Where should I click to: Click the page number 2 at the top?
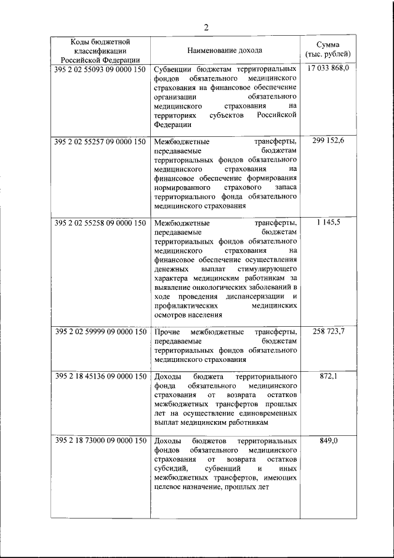click(207, 27)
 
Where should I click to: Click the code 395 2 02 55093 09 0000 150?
click(100, 70)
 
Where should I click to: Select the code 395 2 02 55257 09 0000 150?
click(100, 141)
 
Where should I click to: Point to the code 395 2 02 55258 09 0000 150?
click(100, 223)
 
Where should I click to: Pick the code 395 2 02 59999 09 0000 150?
click(100, 332)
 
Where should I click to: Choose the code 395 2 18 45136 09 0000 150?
click(100, 376)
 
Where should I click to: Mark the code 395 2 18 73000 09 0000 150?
click(100, 441)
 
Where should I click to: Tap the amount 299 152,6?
click(328, 141)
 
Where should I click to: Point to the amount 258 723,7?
click(328, 332)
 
